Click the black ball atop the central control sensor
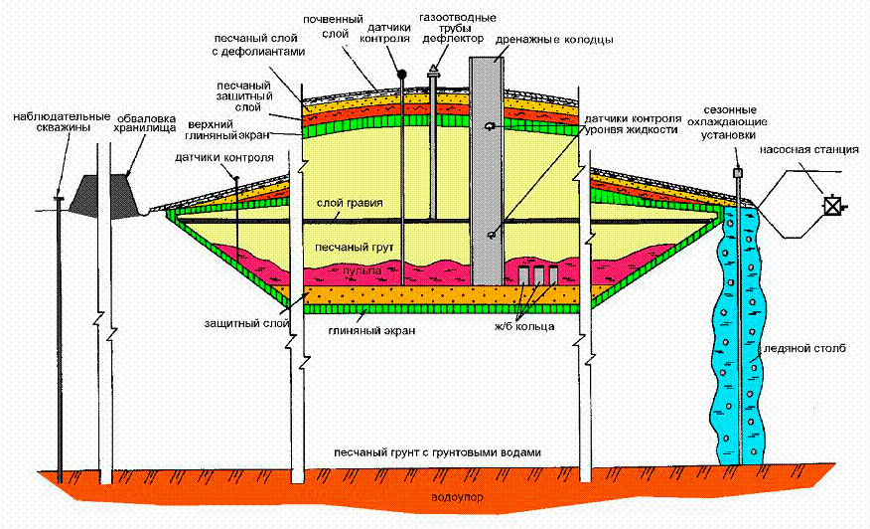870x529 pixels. click(402, 74)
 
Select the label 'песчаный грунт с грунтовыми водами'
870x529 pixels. click(438, 452)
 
